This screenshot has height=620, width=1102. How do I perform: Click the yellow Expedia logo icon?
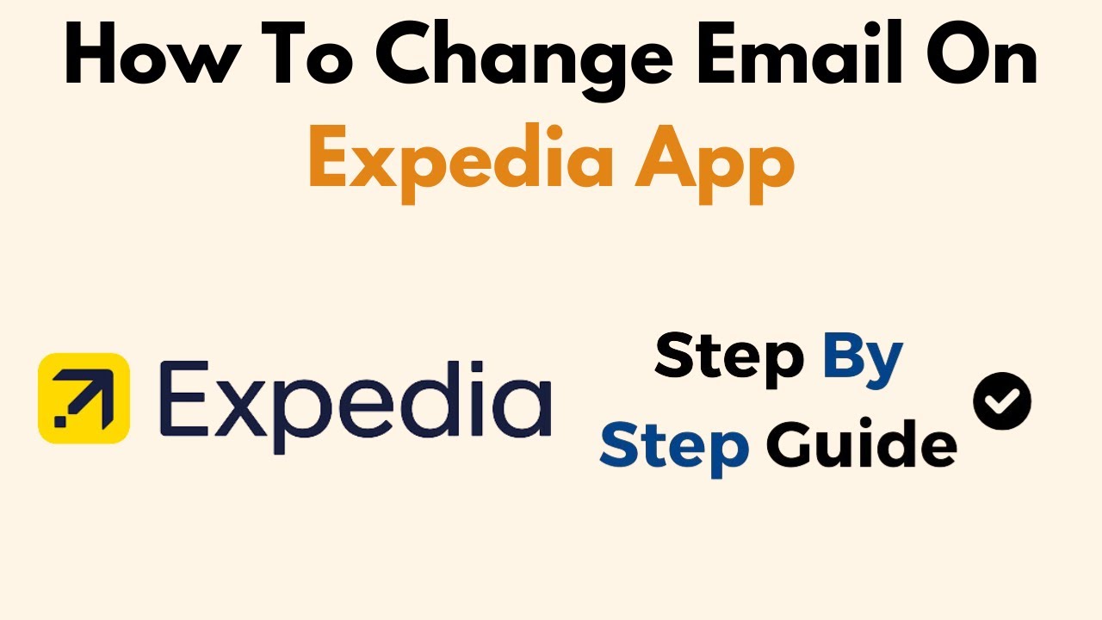pos(84,398)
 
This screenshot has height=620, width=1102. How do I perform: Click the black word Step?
pos(729,356)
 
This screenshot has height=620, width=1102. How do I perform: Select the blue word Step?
pos(674,446)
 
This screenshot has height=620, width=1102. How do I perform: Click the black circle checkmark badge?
pos(1002,400)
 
